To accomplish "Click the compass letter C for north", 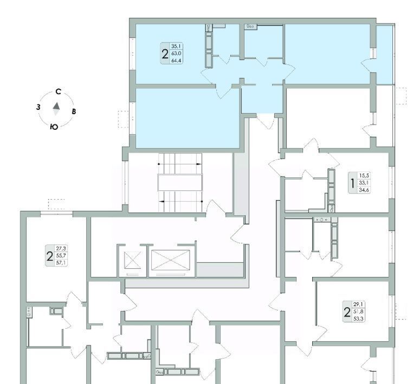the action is point(59,91).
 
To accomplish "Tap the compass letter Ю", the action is point(54,127).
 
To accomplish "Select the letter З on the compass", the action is point(38,107).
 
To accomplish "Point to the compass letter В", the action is point(74,111).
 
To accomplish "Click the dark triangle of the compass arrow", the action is point(56,106).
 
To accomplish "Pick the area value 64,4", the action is point(177,61).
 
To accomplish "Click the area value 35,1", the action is point(177,47).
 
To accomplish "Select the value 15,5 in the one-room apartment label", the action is point(364,176).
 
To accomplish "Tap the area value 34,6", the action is point(364,189).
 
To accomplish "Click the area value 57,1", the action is point(61,262).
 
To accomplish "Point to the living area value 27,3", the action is point(61,248).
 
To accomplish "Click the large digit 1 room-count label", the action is point(353,183).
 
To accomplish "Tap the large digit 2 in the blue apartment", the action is point(165,55).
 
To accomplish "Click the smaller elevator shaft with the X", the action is point(132,260).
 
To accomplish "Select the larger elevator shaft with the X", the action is point(171,260).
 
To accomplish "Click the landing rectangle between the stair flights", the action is point(180,182).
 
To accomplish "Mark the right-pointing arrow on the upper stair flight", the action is point(180,164).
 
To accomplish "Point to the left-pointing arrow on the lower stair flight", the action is point(181,201).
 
